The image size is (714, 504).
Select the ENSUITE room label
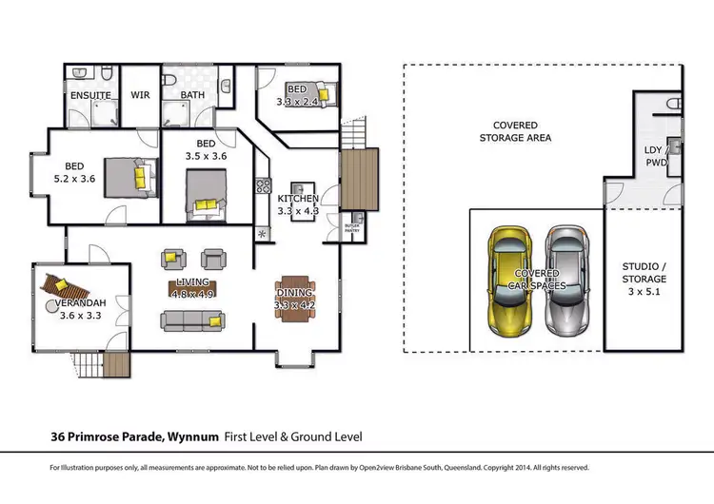click(x=91, y=95)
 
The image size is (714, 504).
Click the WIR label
click(x=141, y=95)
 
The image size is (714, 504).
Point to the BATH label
click(x=191, y=95)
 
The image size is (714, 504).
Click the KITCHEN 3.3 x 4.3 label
click(x=297, y=204)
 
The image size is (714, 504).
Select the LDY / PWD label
click(x=656, y=157)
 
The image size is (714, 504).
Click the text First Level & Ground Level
click(x=292, y=437)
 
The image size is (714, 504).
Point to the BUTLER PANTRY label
click(x=350, y=227)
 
